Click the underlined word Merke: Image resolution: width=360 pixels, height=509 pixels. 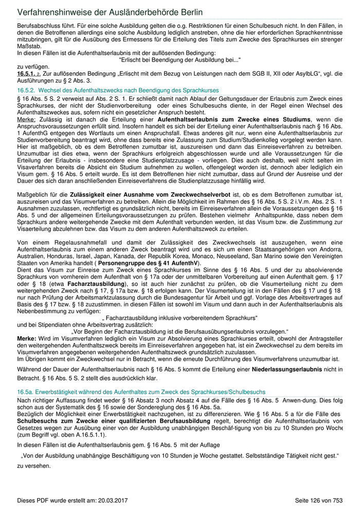click(26, 119)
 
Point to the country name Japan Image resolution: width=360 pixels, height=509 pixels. click(109, 256)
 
